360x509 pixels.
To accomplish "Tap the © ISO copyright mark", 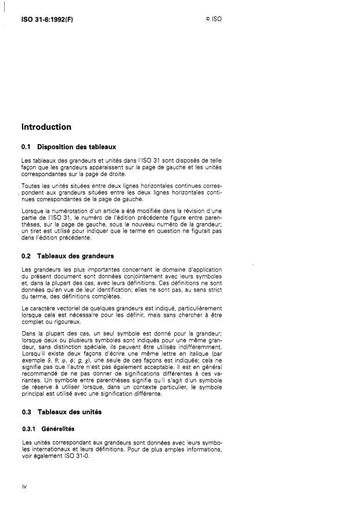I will tap(213, 18).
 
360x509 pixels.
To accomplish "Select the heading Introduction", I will tap(46, 127).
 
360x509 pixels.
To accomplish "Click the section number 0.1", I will tap(26, 146).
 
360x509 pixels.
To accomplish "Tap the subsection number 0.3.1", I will tap(29, 429).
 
